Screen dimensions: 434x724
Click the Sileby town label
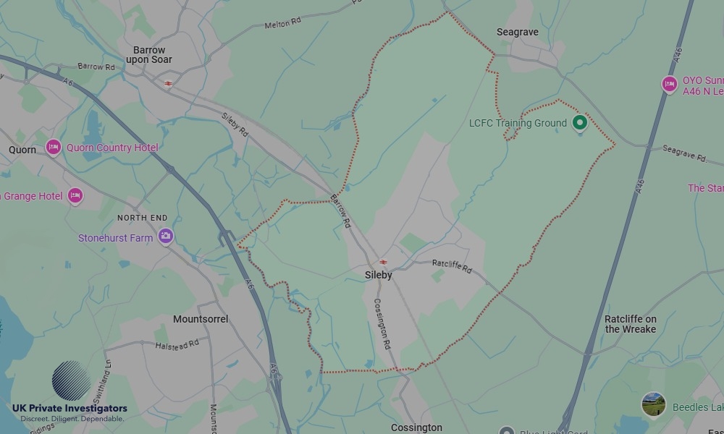coord(379,275)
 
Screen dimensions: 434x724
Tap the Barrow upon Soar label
coord(149,55)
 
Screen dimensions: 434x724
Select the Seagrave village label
coord(517,33)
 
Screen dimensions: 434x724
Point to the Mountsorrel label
coord(201,319)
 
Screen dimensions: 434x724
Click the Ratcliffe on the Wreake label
coord(630,324)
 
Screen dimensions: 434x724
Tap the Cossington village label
coord(416,427)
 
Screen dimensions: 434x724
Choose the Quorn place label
coord(22,150)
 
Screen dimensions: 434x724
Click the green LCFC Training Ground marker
coord(579,122)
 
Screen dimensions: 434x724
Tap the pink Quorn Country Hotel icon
coord(53,148)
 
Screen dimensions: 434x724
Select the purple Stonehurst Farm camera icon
coord(166,236)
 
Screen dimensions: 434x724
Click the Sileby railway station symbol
coord(383,262)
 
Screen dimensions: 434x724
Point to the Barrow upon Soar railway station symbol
coord(168,84)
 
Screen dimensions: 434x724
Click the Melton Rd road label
coord(282,24)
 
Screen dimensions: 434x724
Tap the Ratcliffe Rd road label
coord(452,266)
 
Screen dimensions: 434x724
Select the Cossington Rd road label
coord(382,325)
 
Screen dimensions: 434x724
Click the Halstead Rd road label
coord(177,346)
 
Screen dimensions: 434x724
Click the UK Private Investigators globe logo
coord(71,380)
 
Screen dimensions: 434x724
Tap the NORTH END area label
coord(142,218)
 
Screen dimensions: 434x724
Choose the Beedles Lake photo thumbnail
coord(654,405)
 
